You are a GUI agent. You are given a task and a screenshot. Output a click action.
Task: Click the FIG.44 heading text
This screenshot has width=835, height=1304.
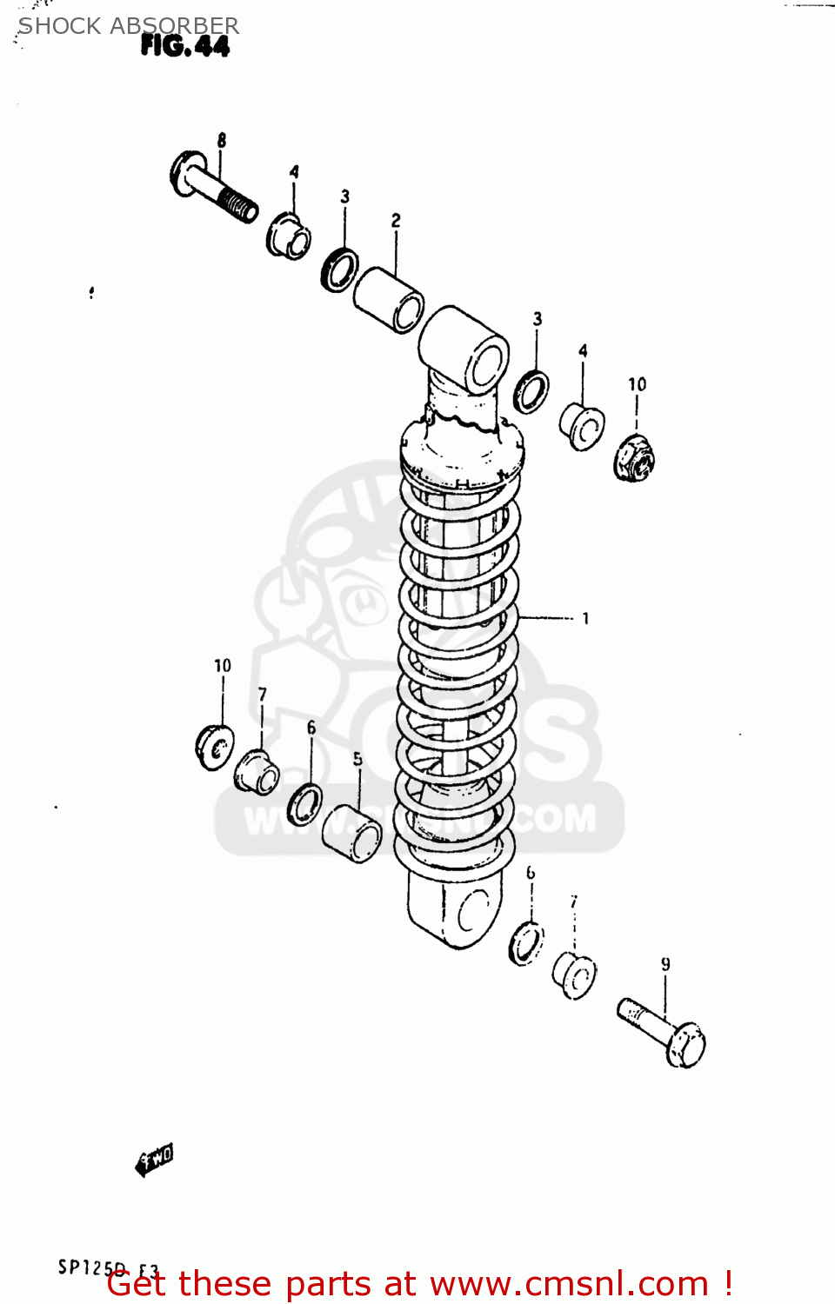(x=184, y=46)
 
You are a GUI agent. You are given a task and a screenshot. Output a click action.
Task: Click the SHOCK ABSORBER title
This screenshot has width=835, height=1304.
(x=129, y=26)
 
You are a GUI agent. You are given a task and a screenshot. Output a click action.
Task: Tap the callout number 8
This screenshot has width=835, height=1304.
(x=222, y=140)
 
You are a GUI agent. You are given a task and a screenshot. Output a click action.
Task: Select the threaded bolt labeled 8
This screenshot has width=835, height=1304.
(x=213, y=188)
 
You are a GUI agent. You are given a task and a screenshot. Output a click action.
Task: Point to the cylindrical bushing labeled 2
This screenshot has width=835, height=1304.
(x=389, y=300)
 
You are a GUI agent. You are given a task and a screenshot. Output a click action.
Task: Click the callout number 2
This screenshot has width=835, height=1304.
(x=396, y=220)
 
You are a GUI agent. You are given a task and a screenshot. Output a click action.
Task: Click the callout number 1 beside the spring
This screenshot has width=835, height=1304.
(x=585, y=618)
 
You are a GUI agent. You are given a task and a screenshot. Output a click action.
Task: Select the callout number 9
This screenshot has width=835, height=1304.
(x=665, y=964)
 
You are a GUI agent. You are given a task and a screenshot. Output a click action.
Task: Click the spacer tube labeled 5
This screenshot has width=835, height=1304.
(x=351, y=833)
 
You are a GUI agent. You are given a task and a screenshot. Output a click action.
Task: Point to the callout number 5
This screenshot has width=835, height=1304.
(x=357, y=759)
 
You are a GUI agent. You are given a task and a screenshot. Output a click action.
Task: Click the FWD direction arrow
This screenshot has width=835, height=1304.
(x=155, y=1159)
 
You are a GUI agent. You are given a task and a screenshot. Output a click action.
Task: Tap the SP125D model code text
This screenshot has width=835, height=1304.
(x=92, y=1267)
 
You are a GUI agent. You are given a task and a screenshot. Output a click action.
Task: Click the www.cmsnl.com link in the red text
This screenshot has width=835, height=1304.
(x=569, y=1284)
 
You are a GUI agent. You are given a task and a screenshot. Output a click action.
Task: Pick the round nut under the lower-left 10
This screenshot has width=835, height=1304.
(x=214, y=746)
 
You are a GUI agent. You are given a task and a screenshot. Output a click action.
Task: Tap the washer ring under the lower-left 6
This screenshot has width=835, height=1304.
(x=304, y=804)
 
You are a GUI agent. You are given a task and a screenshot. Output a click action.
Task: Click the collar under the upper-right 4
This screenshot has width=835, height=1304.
(x=582, y=426)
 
